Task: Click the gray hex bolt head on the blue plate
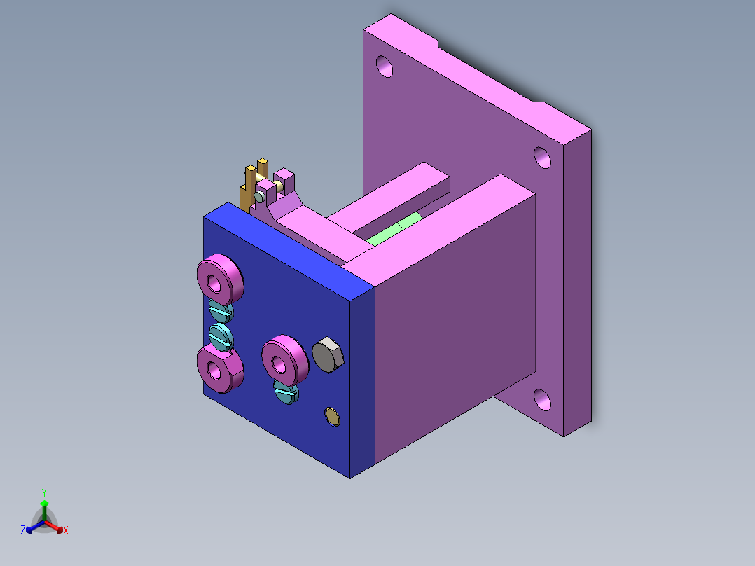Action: tap(328, 356)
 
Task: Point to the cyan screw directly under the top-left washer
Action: tap(220, 310)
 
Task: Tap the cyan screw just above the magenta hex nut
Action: tap(221, 336)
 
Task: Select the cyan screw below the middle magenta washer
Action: tap(286, 394)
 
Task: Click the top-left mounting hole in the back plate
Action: tap(385, 66)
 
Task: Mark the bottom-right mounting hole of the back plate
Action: tap(542, 399)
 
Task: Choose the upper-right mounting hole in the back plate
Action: tap(542, 158)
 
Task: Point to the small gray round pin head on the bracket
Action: tap(260, 198)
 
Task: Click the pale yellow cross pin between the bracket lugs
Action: tap(278, 186)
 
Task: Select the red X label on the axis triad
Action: tap(66, 531)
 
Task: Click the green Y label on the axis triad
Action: tap(43, 492)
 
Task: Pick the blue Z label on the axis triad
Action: tap(23, 530)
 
